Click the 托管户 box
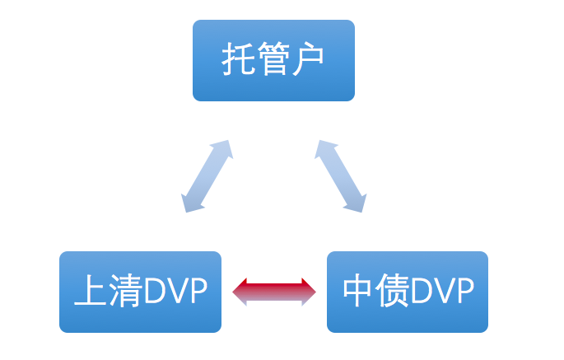pyautogui.click(x=273, y=60)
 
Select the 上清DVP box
pyautogui.click(x=140, y=292)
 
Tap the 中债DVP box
pyautogui.click(x=408, y=292)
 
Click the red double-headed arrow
pyautogui.click(x=274, y=292)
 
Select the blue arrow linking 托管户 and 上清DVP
pyautogui.click(x=207, y=176)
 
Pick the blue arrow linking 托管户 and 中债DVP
pyautogui.click(x=340, y=176)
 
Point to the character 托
pyautogui.click(x=237, y=60)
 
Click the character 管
pyautogui.click(x=273, y=60)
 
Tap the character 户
pyautogui.click(x=309, y=60)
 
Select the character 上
pyautogui.click(x=89, y=292)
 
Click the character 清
pyautogui.click(x=124, y=292)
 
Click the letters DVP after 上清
pyautogui.click(x=175, y=292)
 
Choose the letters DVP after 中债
pyautogui.click(x=442, y=292)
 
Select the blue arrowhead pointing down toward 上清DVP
pyautogui.click(x=193, y=202)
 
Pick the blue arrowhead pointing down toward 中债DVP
pyautogui.click(x=354, y=202)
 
